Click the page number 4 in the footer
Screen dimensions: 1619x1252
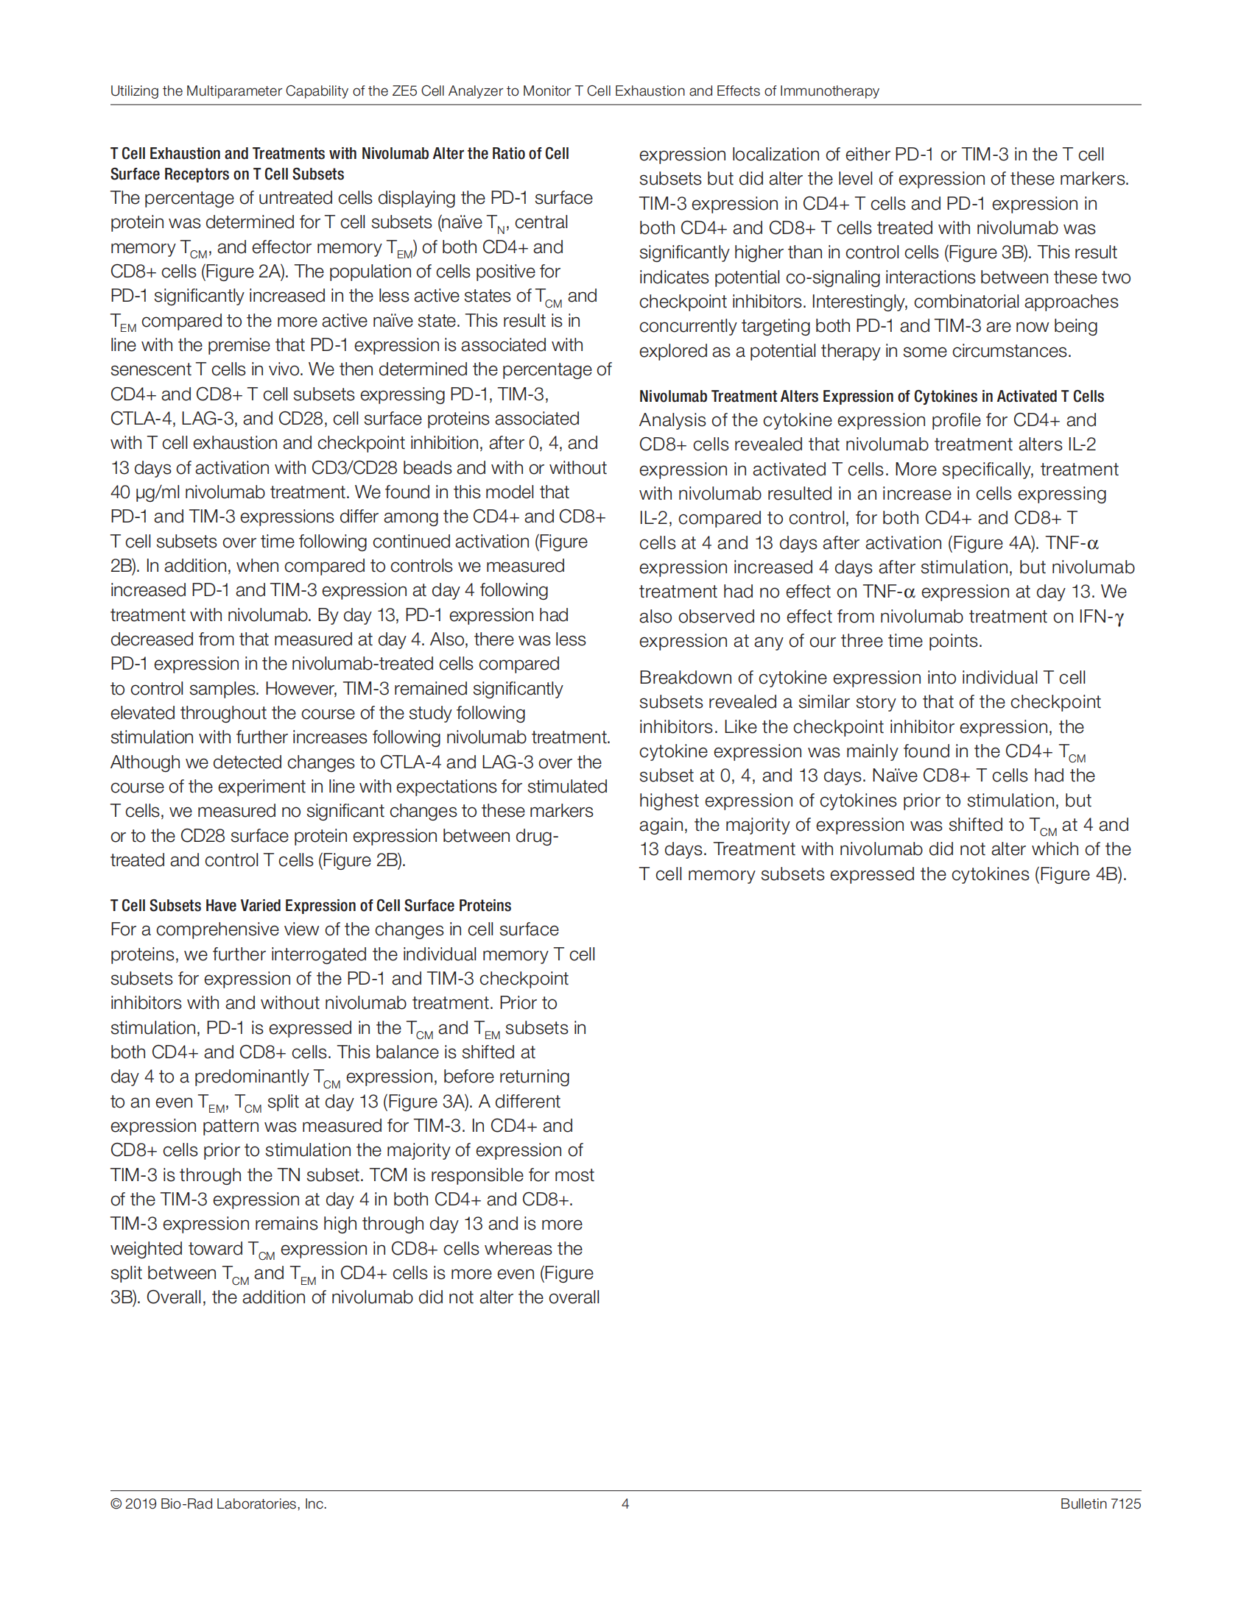(x=625, y=1503)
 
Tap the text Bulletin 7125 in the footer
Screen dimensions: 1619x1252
(x=1100, y=1503)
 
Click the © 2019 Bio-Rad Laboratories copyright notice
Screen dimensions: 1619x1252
(x=218, y=1503)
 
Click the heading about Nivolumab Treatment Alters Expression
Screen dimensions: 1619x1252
(x=871, y=397)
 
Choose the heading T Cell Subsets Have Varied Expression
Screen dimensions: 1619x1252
(x=310, y=906)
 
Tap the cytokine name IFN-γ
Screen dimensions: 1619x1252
(x=1101, y=617)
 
